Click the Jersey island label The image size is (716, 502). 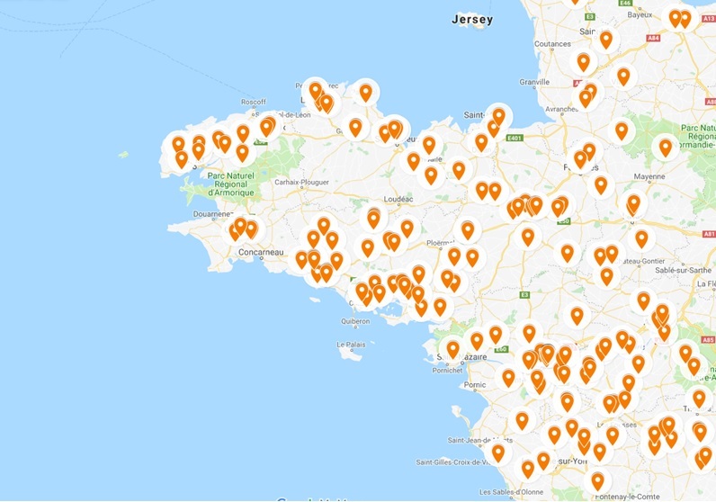click(472, 19)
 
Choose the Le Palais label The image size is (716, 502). click(352, 345)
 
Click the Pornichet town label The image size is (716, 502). click(446, 370)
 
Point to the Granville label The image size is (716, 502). click(534, 82)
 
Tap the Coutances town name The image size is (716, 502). click(551, 44)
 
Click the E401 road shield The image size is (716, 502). click(515, 139)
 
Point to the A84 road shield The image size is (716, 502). click(652, 38)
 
